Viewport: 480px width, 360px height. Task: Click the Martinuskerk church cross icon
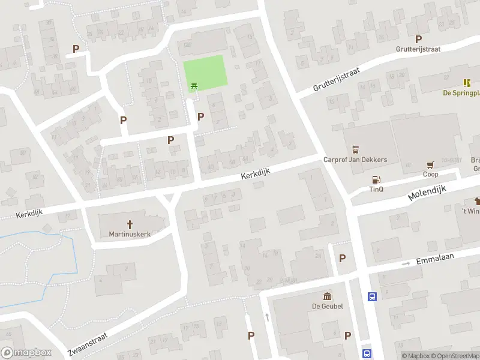point(130,223)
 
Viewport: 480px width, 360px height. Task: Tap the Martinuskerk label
point(130,234)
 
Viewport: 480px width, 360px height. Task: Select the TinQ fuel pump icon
point(376,179)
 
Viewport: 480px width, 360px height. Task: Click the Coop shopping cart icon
point(430,164)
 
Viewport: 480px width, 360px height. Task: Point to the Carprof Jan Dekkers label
point(355,160)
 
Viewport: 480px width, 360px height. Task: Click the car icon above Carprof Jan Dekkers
point(355,149)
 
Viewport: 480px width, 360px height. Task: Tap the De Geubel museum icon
point(327,296)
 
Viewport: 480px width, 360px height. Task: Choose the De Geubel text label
point(327,307)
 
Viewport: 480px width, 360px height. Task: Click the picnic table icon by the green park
point(194,87)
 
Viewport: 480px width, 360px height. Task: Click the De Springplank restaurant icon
point(466,82)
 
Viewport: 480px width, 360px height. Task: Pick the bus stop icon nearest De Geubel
point(372,296)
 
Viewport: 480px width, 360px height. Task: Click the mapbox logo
point(27,353)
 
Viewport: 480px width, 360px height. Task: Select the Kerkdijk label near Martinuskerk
point(30,214)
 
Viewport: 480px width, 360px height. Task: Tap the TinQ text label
point(376,190)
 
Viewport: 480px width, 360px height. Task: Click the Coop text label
point(430,175)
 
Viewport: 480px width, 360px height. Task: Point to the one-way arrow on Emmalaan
point(405,263)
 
